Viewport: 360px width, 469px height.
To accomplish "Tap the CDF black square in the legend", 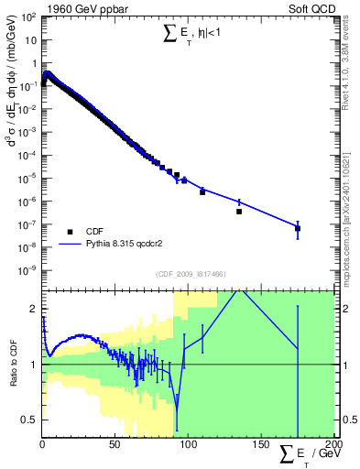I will [x=70, y=232].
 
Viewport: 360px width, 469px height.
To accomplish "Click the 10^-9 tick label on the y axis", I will [x=28, y=270].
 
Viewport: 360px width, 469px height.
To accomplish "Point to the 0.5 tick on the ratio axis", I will [x=30, y=420].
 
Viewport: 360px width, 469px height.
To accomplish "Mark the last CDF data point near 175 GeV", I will [x=298, y=228].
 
